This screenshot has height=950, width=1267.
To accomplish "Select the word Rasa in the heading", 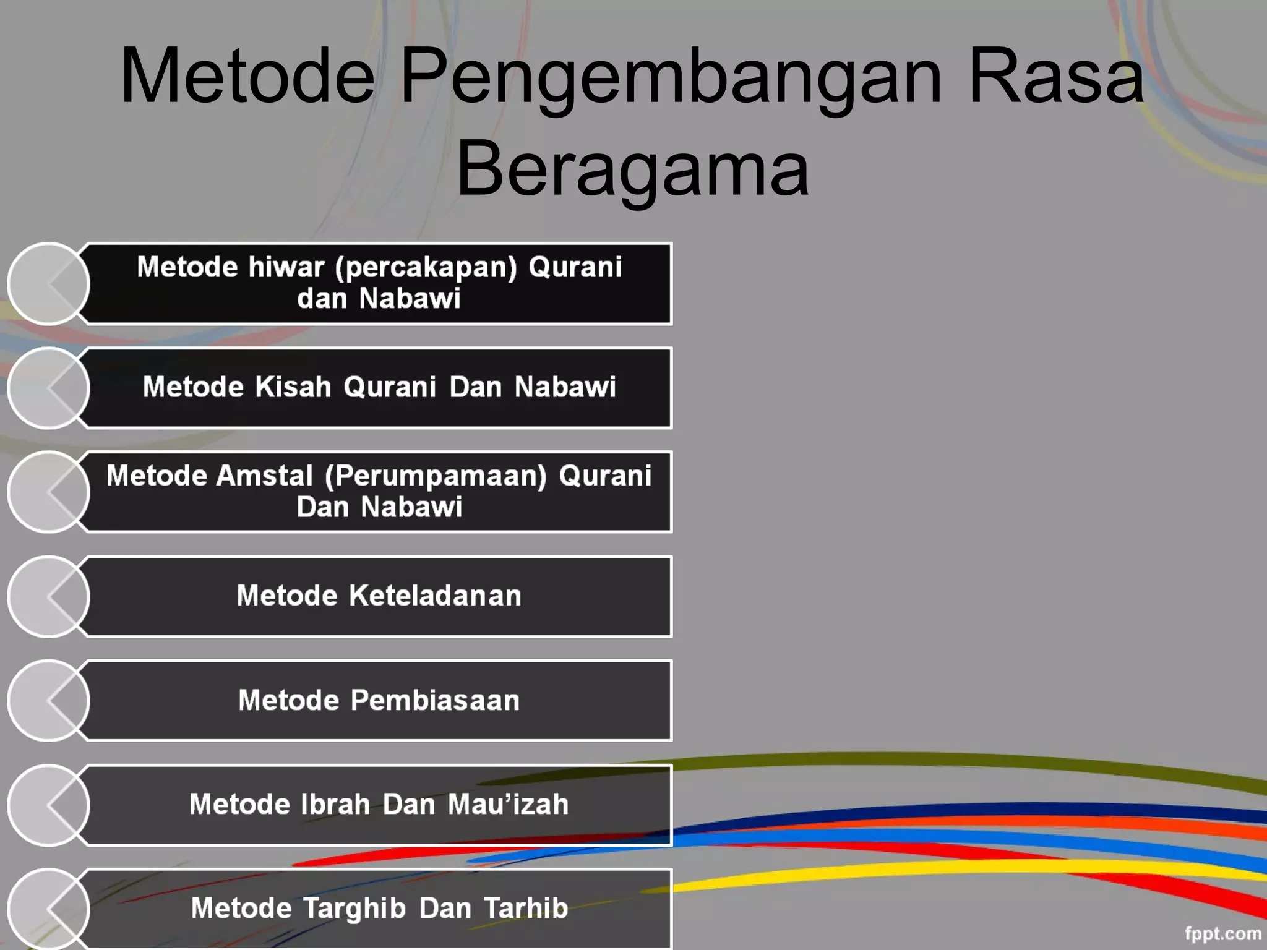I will point(1056,77).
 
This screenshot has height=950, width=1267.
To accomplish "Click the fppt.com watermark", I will point(1222,933).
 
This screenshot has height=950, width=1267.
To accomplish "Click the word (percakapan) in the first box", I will point(426,268).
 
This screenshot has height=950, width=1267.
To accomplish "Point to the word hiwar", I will point(286,267).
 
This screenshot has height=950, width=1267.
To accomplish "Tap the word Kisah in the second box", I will point(293,387).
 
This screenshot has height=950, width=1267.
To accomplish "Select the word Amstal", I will point(264,476).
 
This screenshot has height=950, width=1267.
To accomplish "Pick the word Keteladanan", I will point(435,596).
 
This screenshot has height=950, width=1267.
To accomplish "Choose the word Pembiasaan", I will point(435,701).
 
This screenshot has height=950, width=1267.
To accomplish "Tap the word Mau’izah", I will point(508,805).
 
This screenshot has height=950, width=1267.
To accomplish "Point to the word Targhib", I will point(354,909).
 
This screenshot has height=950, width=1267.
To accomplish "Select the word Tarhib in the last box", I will point(526,909).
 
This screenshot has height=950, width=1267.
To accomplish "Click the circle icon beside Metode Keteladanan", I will point(49,597).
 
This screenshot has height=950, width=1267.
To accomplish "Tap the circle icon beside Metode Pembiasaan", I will point(49,701).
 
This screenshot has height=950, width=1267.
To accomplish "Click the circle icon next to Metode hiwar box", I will point(49,284).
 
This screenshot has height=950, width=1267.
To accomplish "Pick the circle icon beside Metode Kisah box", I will point(49,388).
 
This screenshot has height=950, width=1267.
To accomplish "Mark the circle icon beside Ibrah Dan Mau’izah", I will point(49,805).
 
